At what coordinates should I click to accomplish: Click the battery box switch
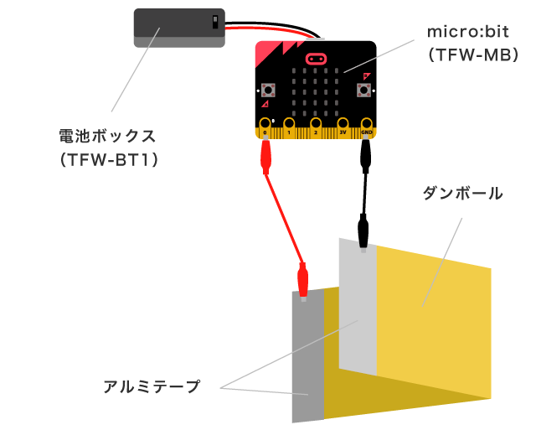(x=215, y=22)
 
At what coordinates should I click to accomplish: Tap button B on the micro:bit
(x=364, y=90)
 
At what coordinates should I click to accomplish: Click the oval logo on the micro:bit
(x=316, y=59)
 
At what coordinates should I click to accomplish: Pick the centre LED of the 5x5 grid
(x=315, y=93)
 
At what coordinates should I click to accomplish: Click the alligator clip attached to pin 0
(x=266, y=156)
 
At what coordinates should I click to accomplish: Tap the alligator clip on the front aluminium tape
(x=303, y=281)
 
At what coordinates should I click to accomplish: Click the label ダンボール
(x=463, y=194)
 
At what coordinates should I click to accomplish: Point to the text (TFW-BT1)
(x=109, y=158)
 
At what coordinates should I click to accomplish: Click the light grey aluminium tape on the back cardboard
(x=357, y=310)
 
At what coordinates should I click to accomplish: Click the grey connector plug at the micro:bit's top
(x=316, y=39)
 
